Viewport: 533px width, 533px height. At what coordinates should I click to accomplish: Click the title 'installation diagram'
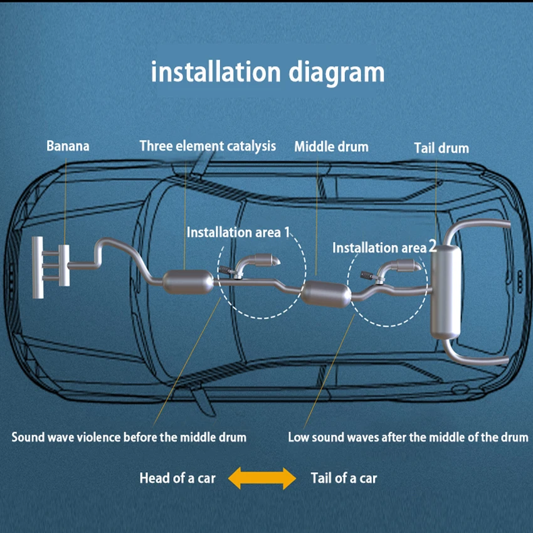click(x=268, y=71)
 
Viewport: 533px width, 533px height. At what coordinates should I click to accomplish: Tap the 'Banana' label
click(x=68, y=146)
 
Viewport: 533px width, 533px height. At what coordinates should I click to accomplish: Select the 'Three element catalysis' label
click(x=208, y=146)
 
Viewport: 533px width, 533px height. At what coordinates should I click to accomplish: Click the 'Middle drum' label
click(x=331, y=147)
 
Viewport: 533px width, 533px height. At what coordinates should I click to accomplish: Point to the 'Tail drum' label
click(x=441, y=148)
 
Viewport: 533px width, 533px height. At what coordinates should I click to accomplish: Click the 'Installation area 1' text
click(x=239, y=232)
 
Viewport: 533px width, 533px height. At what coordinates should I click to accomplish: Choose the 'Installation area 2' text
click(x=384, y=248)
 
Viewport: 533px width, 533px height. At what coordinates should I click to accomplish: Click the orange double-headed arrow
click(x=261, y=478)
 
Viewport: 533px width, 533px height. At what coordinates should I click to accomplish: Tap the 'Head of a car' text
click(x=177, y=478)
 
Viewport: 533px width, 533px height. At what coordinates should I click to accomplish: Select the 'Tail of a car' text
click(x=344, y=478)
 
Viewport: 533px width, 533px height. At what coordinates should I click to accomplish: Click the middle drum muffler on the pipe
click(x=325, y=293)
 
